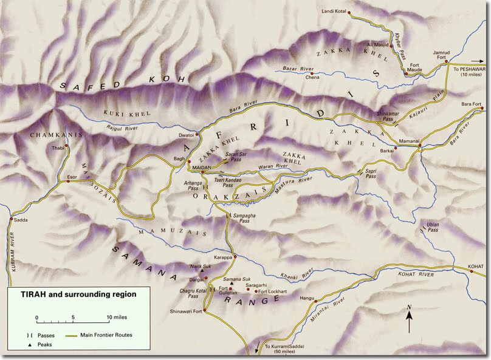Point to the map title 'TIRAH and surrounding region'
pos(70,294)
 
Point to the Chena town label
pos(312,77)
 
